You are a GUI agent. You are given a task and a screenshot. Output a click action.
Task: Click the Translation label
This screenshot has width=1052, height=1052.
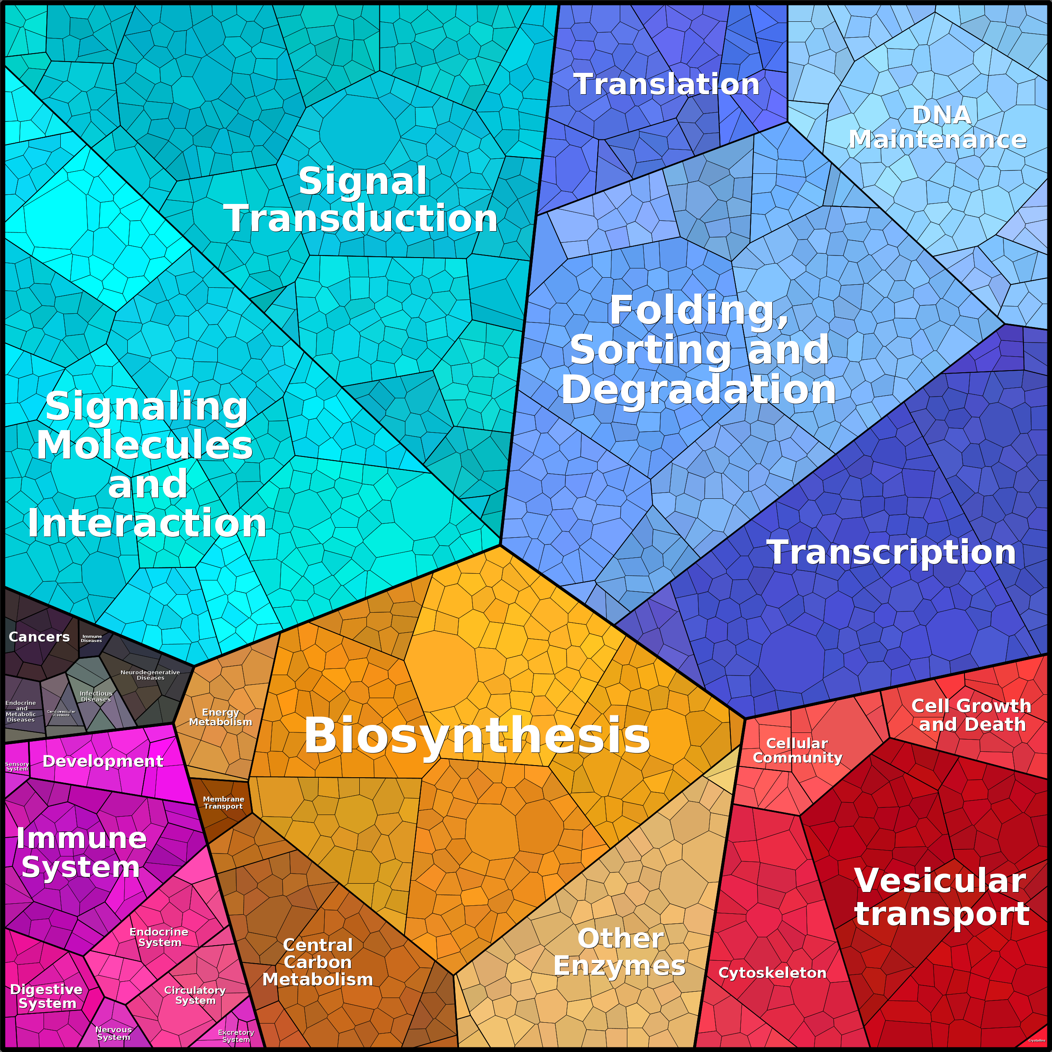(x=666, y=85)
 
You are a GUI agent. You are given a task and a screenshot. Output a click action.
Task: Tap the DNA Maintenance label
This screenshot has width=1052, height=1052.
(x=938, y=127)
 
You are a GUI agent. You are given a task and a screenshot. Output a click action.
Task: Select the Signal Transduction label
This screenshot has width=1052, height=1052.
(x=361, y=200)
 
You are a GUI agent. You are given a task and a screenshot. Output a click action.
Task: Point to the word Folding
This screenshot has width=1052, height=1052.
(x=699, y=310)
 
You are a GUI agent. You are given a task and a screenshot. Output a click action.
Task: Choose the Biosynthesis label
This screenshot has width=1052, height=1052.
(x=477, y=735)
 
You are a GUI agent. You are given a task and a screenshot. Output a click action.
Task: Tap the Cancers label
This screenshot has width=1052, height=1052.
(x=39, y=637)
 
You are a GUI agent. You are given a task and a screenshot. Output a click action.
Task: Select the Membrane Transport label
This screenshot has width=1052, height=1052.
(x=223, y=803)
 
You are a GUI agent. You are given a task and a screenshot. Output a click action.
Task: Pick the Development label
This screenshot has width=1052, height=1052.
(x=103, y=761)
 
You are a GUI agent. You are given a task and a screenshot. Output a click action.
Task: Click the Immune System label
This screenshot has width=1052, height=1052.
(x=81, y=853)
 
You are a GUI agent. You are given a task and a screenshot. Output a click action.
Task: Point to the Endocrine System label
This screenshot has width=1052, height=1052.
(x=159, y=937)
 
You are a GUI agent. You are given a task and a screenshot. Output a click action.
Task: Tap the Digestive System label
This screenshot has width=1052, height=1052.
(x=47, y=996)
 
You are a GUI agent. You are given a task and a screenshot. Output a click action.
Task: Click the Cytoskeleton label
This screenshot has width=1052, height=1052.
(x=772, y=972)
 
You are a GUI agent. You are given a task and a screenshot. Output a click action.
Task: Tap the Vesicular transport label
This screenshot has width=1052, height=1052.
(x=941, y=896)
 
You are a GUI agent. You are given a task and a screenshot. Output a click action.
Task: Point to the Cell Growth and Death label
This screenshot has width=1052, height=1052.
(x=972, y=715)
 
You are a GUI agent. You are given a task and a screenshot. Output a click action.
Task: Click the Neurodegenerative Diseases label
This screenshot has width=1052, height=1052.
(x=150, y=675)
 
